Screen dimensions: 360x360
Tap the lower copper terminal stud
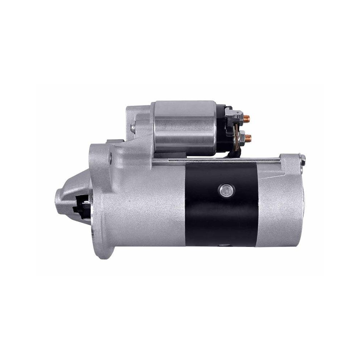pyautogui.click(x=248, y=137)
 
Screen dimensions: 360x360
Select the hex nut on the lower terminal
pyautogui.click(x=242, y=137)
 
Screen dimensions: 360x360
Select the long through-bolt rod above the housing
pyautogui.click(x=216, y=161)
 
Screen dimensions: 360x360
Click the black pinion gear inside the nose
pyautogui.click(x=81, y=207)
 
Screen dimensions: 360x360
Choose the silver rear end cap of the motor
pyautogui.click(x=281, y=205)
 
